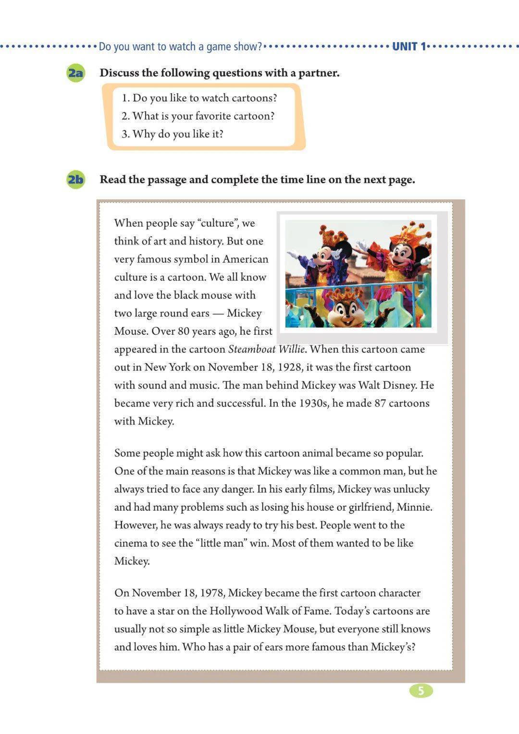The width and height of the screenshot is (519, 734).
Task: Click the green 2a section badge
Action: coord(75,73)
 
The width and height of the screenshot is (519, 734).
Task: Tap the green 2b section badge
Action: coord(75,180)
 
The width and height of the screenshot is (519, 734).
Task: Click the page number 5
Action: coord(421,691)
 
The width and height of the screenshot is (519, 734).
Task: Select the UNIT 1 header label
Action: coord(409,47)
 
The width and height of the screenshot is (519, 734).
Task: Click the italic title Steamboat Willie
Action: coord(266,349)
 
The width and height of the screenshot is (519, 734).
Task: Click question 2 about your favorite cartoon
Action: coord(198,116)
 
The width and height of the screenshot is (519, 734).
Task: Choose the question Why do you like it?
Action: coord(173,134)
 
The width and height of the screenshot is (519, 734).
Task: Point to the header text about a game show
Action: coord(181,47)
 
